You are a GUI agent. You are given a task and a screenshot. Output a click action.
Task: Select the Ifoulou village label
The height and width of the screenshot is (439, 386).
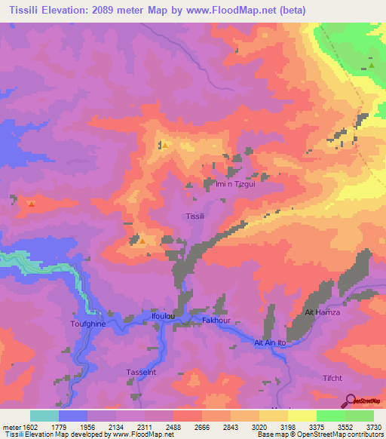click(164, 316)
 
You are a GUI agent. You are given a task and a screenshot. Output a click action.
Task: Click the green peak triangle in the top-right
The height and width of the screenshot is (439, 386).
click(372, 65)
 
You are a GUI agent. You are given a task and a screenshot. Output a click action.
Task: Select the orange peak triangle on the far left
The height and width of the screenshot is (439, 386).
click(31, 203)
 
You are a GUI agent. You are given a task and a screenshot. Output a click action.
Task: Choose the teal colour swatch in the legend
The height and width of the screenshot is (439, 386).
click(44, 416)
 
